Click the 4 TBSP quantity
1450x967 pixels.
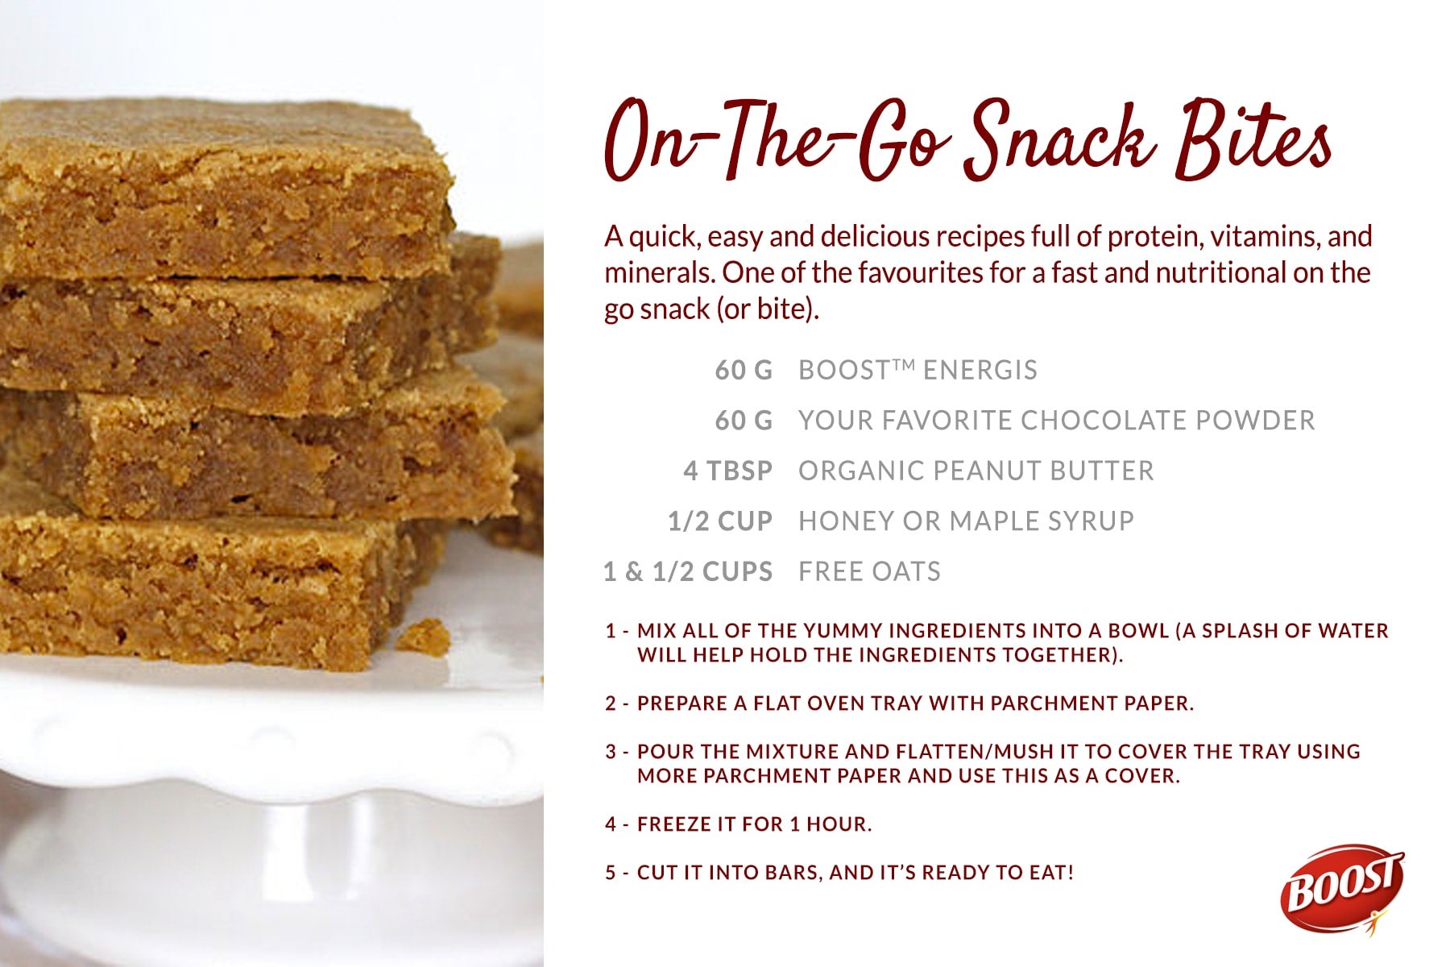pos(727,471)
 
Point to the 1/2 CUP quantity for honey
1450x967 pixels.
pos(720,521)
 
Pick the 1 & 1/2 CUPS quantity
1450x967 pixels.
pos(688,572)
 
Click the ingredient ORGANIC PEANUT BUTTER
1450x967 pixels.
pos(976,471)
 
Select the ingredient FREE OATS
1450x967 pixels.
pos(869,572)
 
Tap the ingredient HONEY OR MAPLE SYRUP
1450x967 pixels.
pos(966,521)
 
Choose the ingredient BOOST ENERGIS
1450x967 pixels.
pos(918,370)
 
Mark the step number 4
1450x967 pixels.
pos(611,824)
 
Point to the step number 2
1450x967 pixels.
pos(611,703)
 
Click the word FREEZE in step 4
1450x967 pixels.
pos(670,824)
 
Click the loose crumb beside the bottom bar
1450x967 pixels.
pos(423,637)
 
